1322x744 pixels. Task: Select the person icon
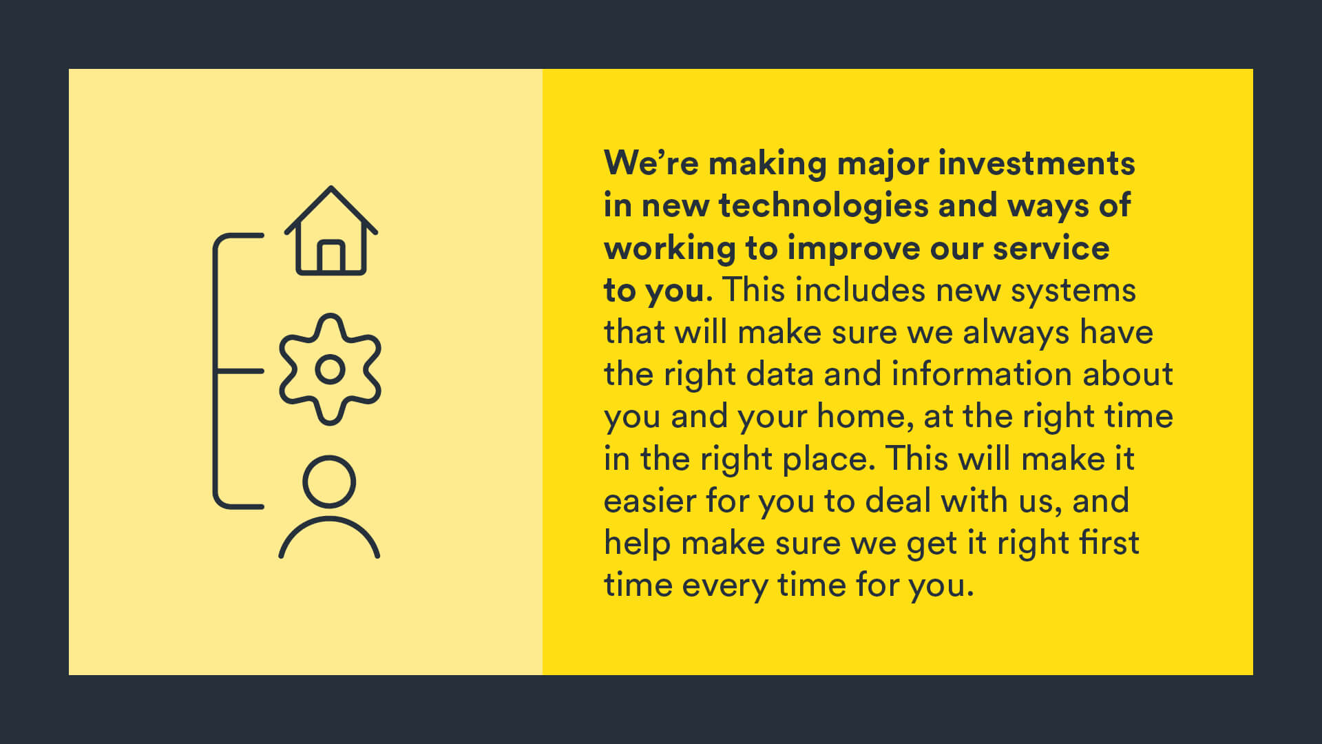[x=329, y=507]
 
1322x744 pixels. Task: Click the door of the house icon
[x=331, y=256]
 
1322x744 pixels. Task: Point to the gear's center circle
[x=330, y=370]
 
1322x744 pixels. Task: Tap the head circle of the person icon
[x=329, y=482]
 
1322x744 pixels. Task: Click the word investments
[x=1036, y=164]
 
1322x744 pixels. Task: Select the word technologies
[x=823, y=206]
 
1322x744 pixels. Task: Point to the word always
[x=1016, y=333]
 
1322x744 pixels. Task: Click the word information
[x=983, y=374]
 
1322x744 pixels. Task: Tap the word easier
[x=649, y=501]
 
